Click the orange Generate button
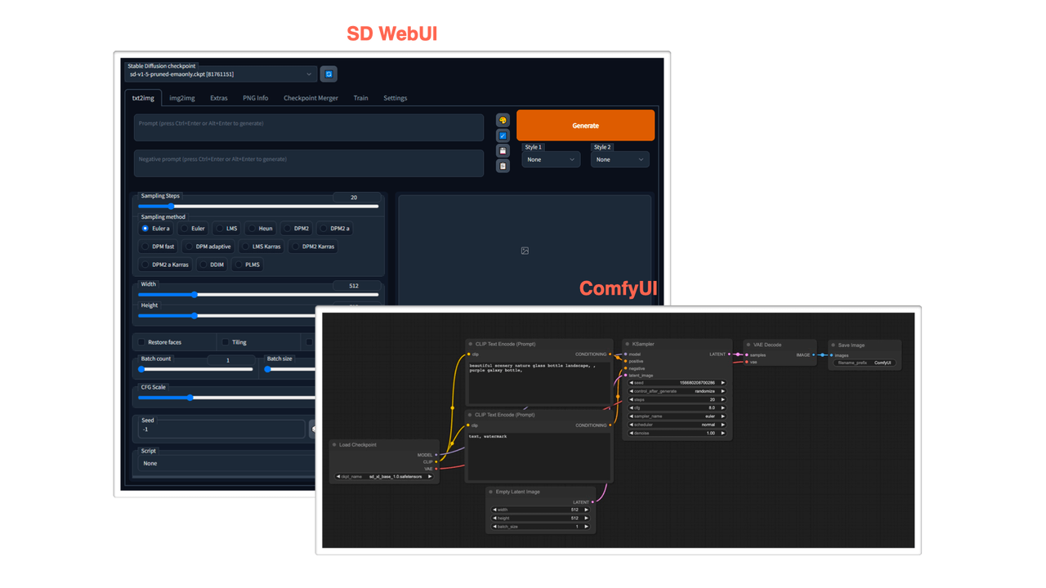pos(585,125)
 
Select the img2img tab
pos(181,98)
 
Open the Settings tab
pos(395,98)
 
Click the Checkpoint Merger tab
pos(310,98)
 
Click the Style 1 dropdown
pos(551,159)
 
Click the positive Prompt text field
pos(309,127)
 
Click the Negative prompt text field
pos(309,163)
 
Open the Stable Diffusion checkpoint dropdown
pos(220,74)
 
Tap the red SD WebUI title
pos(392,33)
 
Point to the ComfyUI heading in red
pos(618,288)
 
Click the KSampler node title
pos(643,344)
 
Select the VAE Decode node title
pos(768,345)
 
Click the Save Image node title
pos(852,345)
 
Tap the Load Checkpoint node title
pos(358,444)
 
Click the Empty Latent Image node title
pos(518,492)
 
